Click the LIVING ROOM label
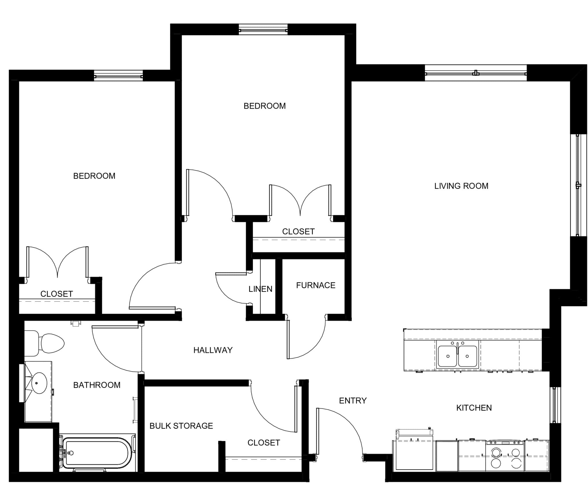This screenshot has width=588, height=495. tap(461, 186)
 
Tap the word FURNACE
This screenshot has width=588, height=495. tap(316, 285)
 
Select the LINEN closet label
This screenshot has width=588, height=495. tap(260, 289)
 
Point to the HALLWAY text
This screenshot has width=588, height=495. tap(213, 350)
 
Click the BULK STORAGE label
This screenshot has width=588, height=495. tap(181, 426)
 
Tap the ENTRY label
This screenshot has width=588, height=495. tap(353, 400)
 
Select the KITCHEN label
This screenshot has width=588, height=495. tap(474, 408)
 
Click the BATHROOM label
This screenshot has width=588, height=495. tap(97, 385)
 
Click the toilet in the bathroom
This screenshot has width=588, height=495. tap(44, 343)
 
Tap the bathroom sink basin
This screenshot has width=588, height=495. tap(39, 383)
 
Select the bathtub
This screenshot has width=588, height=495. tap(97, 453)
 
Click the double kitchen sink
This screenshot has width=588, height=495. tap(457, 356)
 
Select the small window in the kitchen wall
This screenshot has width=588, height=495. tap(555, 405)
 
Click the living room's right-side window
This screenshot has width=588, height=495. tap(578, 185)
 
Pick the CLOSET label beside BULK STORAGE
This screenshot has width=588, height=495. tap(264, 443)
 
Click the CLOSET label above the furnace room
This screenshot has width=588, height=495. tap(298, 232)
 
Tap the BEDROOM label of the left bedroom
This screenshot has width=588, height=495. tap(94, 176)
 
